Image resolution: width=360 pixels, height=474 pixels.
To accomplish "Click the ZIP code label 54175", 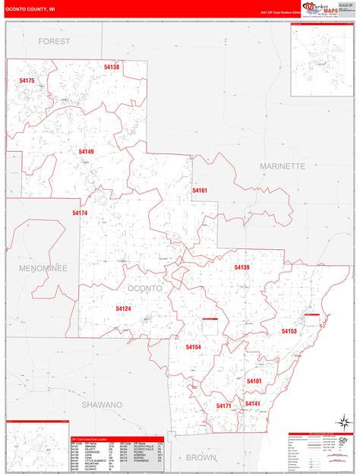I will tap(27, 81).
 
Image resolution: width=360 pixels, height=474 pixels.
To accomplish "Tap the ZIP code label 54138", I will tap(112, 68).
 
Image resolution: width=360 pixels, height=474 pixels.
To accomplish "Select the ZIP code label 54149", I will tap(86, 152).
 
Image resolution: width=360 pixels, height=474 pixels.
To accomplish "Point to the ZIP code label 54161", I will tap(200, 191).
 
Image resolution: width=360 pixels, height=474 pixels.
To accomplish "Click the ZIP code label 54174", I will tap(80, 213).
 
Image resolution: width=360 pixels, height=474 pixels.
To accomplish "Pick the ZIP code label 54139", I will tap(242, 267).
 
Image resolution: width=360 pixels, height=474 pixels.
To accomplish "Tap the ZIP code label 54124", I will tap(124, 308).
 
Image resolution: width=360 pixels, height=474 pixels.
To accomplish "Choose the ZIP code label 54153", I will tap(289, 331).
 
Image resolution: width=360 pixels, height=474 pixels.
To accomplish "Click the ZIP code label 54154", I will tap(193, 347).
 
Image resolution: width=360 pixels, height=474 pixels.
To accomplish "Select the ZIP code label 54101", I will tap(254, 381).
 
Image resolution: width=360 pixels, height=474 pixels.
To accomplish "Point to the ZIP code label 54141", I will tap(253, 403).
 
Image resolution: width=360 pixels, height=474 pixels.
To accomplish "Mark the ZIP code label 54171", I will tap(223, 406).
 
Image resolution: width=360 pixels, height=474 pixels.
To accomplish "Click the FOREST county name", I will tap(54, 40).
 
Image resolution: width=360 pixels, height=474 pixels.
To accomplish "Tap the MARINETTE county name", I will tap(282, 166).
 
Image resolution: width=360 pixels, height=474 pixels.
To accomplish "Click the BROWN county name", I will tap(201, 457).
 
